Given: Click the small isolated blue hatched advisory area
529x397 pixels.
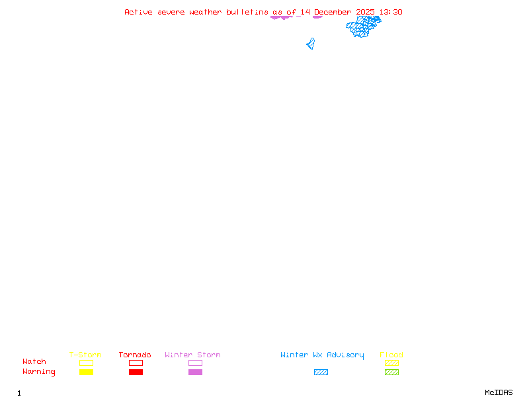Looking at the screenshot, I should [x=310, y=44].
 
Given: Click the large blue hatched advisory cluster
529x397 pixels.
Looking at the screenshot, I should [x=363, y=26].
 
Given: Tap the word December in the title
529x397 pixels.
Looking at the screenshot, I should [x=333, y=12].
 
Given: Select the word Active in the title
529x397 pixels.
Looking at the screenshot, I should [x=138, y=12].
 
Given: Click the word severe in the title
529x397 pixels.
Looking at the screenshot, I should [x=171, y=12].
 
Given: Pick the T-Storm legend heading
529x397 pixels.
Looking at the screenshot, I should [x=85, y=355].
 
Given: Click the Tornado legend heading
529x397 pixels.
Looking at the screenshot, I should [x=135, y=355].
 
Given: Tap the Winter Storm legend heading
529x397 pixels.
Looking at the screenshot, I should [x=192, y=355].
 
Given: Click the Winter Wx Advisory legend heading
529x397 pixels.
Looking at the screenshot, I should [x=322, y=355].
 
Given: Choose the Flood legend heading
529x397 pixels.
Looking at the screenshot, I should [x=391, y=355].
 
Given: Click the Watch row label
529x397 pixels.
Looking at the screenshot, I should [x=34, y=362].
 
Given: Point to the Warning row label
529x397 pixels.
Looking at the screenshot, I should [x=39, y=372].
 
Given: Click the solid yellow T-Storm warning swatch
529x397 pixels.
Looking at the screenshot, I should [x=86, y=373].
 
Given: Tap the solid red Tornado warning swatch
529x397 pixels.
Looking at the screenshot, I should [x=136, y=373].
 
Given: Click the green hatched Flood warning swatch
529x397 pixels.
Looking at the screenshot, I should [x=391, y=373].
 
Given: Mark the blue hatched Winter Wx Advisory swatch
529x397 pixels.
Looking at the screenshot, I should [x=321, y=373].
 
